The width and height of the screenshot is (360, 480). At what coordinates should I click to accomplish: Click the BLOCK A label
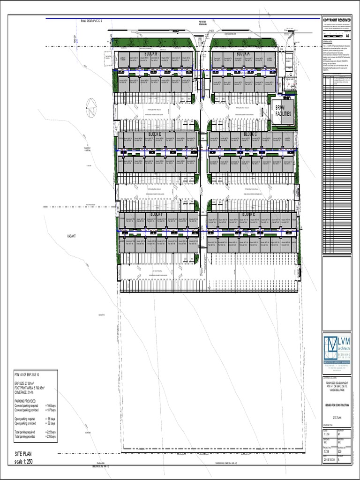243,54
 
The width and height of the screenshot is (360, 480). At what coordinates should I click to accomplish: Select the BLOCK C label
250,135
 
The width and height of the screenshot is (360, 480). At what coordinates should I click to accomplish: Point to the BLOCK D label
155,135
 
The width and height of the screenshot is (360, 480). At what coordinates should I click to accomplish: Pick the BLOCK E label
248,215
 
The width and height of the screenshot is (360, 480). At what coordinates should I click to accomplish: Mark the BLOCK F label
156,215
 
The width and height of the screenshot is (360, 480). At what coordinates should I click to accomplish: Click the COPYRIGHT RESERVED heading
337,20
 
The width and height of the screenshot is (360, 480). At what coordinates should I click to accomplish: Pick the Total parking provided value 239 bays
50,436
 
